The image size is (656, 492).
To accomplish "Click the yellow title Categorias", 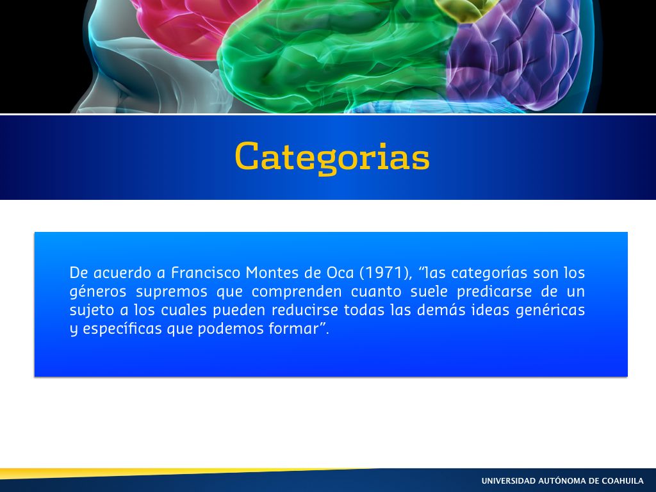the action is (332, 158).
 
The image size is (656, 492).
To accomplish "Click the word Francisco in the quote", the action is (206, 273).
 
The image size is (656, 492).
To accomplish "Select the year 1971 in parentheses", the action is (384, 273).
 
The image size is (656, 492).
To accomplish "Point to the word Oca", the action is (340, 273).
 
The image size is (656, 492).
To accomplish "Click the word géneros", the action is (98, 291).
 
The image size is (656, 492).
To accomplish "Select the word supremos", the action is (172, 292).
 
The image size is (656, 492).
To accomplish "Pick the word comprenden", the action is (297, 291).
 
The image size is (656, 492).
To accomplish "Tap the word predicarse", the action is (494, 291).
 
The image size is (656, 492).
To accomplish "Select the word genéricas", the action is (550, 311).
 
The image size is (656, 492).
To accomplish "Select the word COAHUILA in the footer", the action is (623, 480).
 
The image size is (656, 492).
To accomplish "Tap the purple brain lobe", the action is (514, 54).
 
